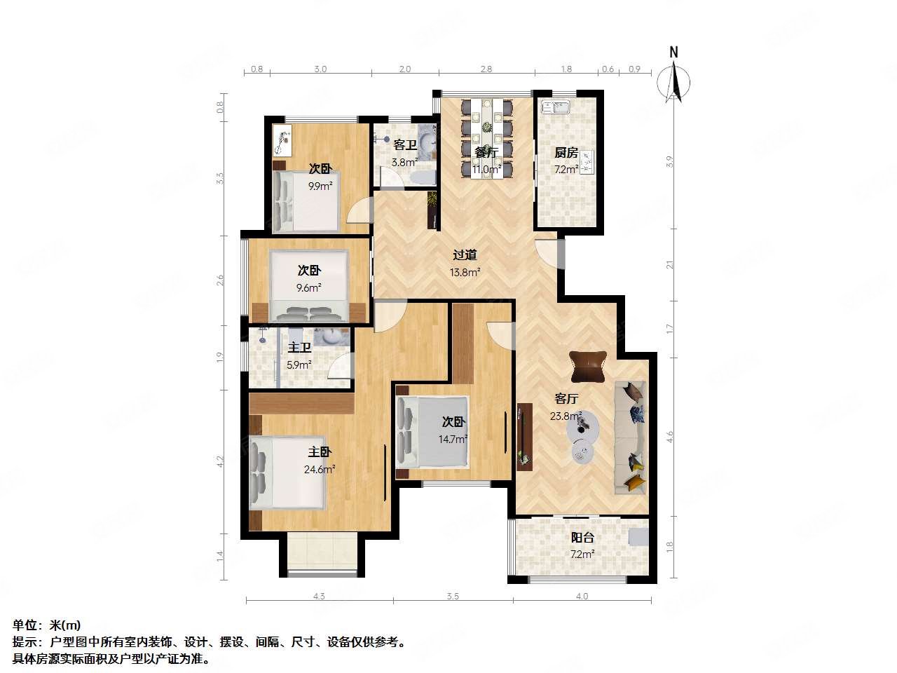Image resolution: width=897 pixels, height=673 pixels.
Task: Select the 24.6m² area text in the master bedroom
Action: [x=320, y=470]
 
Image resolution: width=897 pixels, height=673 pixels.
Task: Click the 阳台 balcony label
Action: [x=582, y=538]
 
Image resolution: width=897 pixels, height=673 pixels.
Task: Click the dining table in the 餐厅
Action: [x=486, y=138]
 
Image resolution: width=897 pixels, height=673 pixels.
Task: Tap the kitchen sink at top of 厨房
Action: [x=559, y=107]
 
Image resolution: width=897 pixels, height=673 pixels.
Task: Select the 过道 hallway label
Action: [x=465, y=255]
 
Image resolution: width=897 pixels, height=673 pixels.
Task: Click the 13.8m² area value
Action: [x=465, y=273]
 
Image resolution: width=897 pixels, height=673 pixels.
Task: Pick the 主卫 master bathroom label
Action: [x=299, y=347]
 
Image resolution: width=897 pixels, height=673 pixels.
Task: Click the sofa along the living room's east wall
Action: [x=629, y=437]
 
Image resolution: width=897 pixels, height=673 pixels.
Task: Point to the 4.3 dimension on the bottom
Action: [x=318, y=597]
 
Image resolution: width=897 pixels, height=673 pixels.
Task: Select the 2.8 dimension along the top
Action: [x=486, y=69]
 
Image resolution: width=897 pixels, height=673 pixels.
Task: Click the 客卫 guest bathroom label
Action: [x=405, y=145]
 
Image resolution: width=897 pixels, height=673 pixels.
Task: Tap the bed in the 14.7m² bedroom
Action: [x=432, y=430]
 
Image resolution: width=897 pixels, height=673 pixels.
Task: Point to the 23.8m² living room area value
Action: [x=566, y=416]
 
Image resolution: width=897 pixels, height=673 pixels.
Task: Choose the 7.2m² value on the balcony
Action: [x=582, y=555]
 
